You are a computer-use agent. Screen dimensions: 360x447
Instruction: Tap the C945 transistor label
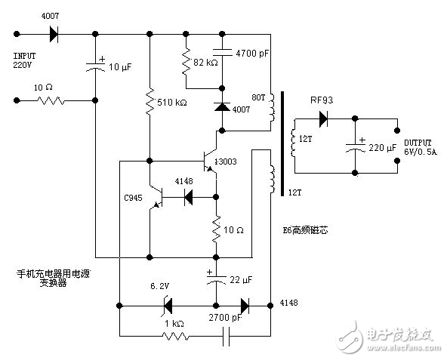tap(134, 198)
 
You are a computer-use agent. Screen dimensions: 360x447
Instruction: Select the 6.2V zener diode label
tap(159, 287)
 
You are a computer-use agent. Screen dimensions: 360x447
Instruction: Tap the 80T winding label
tap(257, 97)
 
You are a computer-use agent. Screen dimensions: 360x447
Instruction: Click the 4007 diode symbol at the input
tap(53, 34)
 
